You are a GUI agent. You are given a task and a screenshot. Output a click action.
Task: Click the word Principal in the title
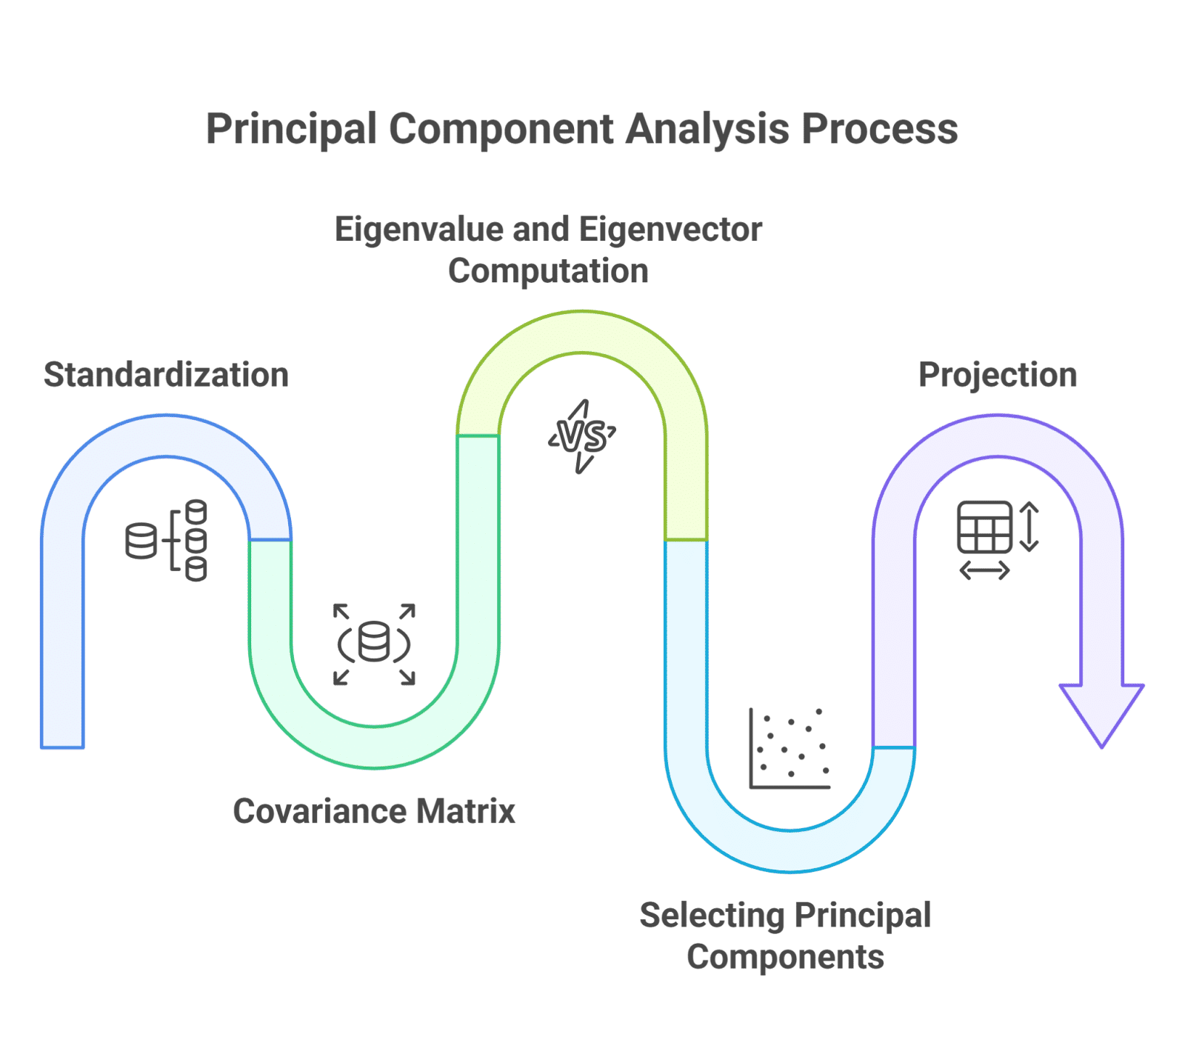pos(291,130)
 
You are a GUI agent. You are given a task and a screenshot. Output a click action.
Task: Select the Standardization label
pos(166,375)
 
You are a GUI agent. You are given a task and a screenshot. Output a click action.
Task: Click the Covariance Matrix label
pos(374,811)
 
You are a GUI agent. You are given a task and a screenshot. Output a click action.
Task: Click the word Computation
pos(548,271)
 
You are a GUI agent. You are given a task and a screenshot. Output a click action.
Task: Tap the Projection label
pos(998,375)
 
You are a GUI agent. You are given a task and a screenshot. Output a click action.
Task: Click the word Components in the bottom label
pos(785,957)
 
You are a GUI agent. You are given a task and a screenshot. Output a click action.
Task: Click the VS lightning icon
pos(583,437)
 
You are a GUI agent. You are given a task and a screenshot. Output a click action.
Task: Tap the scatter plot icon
pos(790,749)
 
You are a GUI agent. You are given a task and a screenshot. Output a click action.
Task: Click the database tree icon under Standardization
pos(167,540)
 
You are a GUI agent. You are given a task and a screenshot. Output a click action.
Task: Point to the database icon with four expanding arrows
pos(374,643)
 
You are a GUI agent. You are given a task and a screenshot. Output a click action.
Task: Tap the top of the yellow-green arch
pos(583,331)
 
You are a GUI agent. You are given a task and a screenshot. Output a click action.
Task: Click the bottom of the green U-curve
pos(374,746)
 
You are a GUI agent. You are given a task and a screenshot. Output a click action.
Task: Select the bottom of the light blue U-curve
pos(790,850)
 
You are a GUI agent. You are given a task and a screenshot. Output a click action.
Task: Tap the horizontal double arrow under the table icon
pos(984,570)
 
